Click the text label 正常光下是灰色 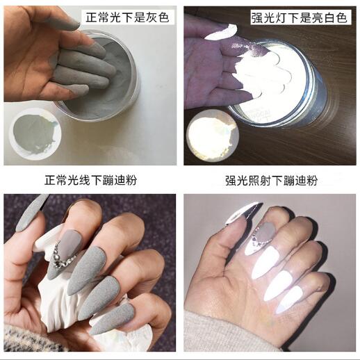127,17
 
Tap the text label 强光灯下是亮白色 300,17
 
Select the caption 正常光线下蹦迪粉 90,180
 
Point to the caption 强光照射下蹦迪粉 271,181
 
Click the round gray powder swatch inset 35,134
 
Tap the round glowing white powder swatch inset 213,136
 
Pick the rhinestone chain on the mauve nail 63,256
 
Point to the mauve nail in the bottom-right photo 266,231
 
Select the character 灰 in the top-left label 152,17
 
